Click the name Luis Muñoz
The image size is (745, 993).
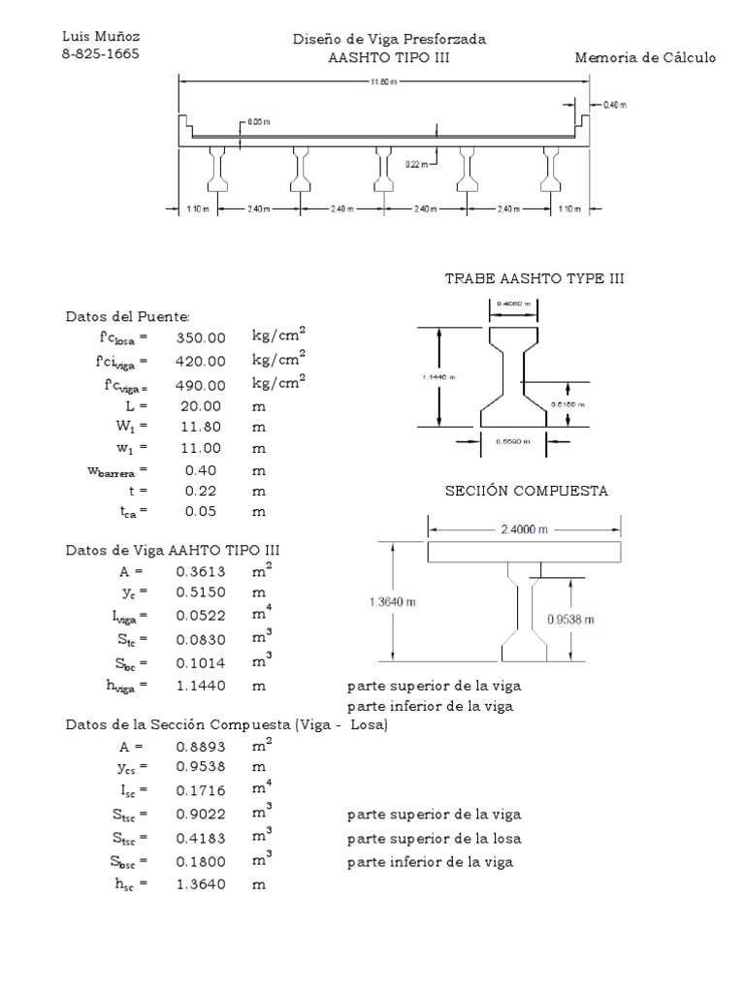click(101, 37)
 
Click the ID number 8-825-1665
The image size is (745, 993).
click(101, 54)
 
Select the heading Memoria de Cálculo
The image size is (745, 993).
click(645, 58)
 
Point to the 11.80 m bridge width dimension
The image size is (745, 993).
click(384, 82)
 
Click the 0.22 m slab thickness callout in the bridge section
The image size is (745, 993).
click(415, 165)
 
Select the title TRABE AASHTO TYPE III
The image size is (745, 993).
click(534, 278)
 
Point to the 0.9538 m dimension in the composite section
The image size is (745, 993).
click(595, 618)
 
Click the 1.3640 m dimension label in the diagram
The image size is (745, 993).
click(398, 601)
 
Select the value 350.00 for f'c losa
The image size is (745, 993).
click(201, 338)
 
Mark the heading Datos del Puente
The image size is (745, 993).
click(127, 317)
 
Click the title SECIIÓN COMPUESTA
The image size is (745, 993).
click(527, 491)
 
